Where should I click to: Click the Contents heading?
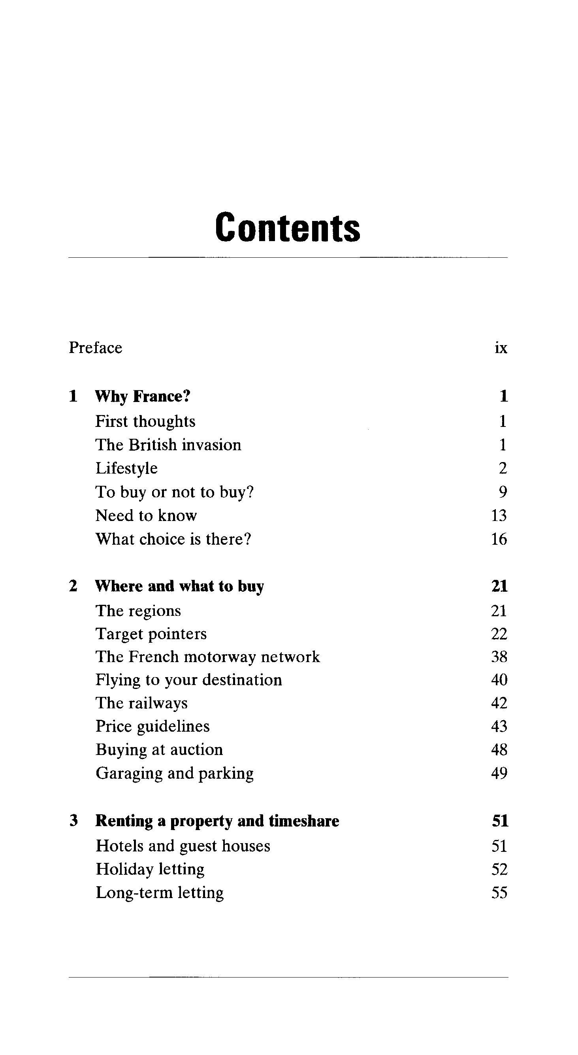click(x=287, y=227)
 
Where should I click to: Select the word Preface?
click(x=95, y=348)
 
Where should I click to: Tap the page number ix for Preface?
click(x=501, y=348)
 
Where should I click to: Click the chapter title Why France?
click(x=143, y=396)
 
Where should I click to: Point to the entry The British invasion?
click(x=168, y=445)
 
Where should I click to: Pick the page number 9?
click(x=503, y=492)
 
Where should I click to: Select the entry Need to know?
click(x=146, y=515)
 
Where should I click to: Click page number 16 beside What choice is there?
click(x=499, y=540)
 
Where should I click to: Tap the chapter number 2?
click(x=73, y=586)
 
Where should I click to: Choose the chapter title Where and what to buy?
click(x=179, y=586)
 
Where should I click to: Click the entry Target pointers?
click(x=151, y=634)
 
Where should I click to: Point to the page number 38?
click(x=499, y=657)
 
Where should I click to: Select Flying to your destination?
click(x=189, y=680)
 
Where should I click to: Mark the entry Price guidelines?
click(x=152, y=727)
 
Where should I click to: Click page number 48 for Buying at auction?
click(x=499, y=750)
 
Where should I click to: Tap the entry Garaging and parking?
click(x=174, y=773)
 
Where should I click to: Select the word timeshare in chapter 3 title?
click(x=304, y=821)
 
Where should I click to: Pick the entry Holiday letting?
click(x=150, y=869)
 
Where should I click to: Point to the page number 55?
click(x=499, y=893)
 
